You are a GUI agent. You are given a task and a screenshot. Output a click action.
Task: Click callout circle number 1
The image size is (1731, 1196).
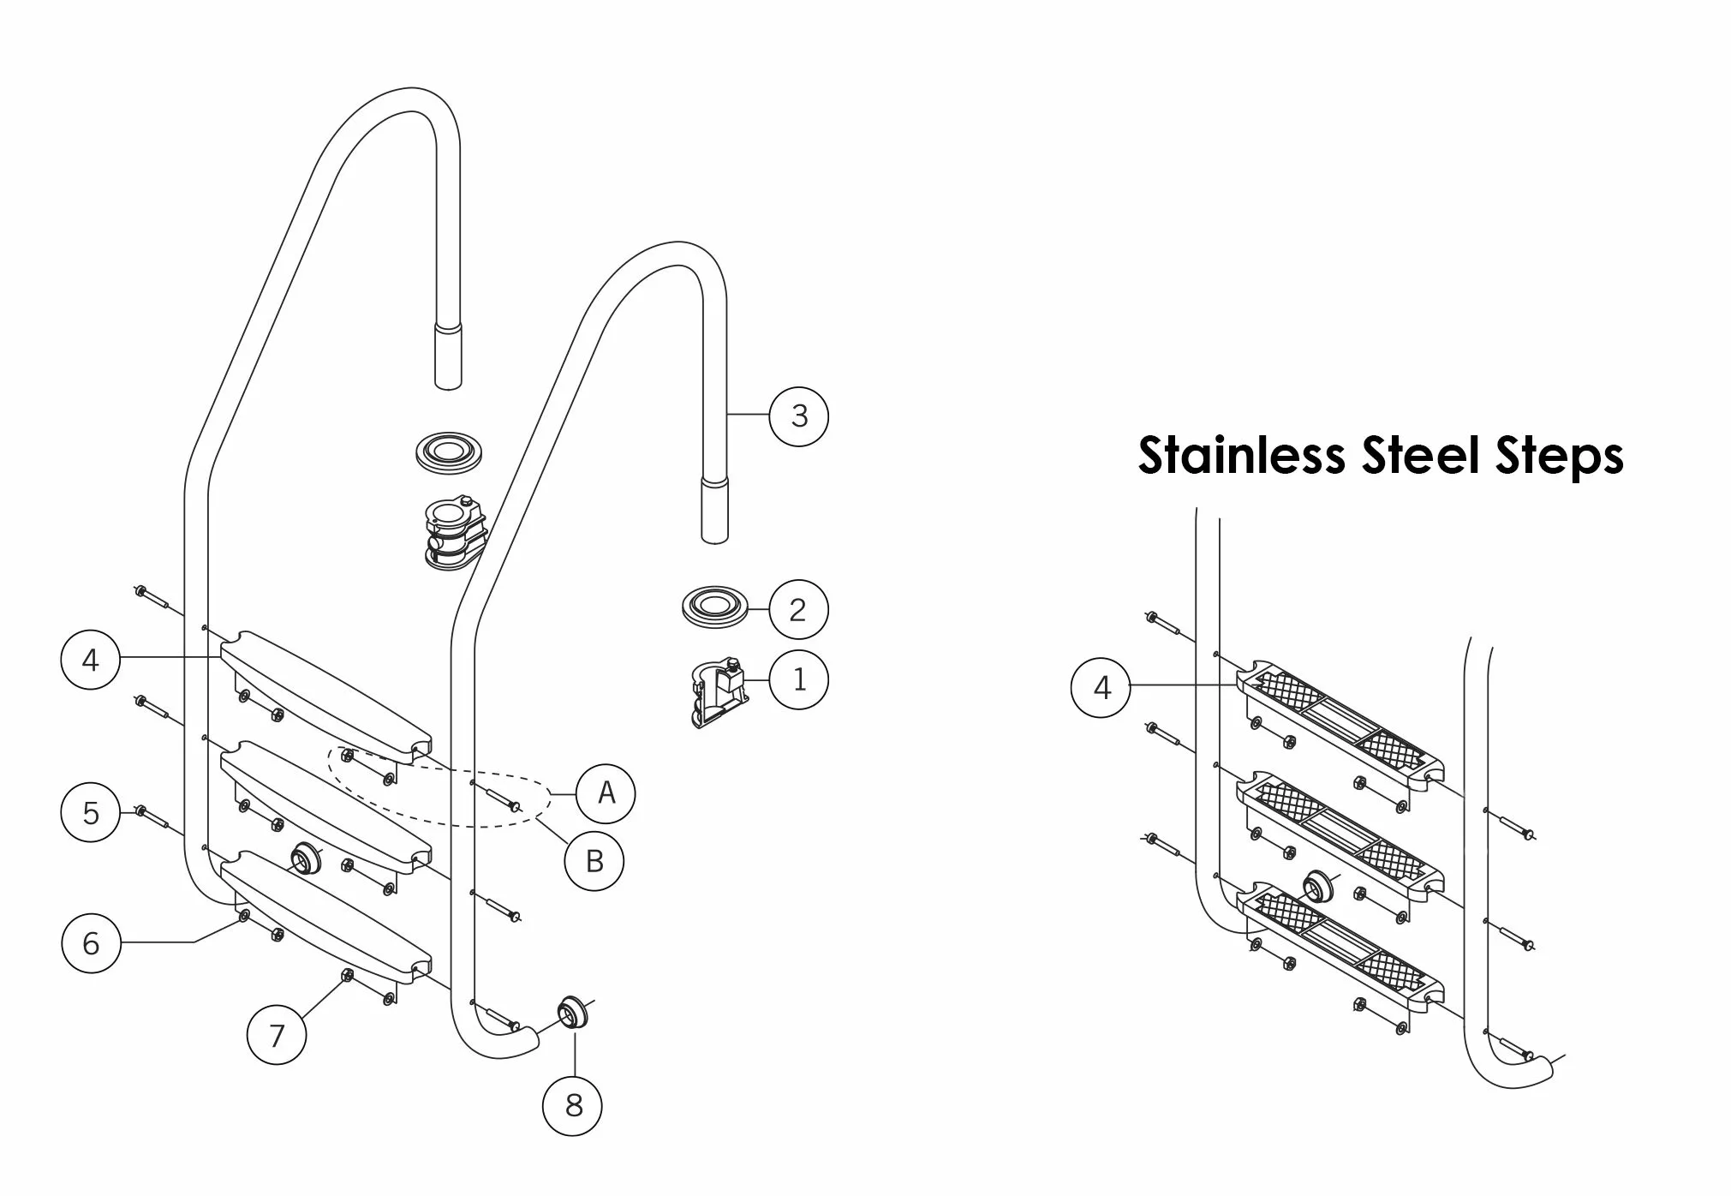coord(798,680)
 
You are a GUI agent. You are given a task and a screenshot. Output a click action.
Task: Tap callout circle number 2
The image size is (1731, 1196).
coord(798,610)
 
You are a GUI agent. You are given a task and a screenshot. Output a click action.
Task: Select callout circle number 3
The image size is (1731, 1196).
coord(798,416)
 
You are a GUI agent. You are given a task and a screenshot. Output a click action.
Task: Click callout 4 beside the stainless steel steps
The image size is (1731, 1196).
coord(1101,687)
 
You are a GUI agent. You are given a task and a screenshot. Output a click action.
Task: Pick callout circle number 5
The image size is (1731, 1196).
coord(91,812)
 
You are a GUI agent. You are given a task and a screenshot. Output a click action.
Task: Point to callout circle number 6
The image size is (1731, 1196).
coord(91,943)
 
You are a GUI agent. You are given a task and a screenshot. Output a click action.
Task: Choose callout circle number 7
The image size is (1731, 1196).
coord(276,1035)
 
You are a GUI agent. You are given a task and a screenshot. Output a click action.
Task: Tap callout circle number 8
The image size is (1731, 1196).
coord(573,1105)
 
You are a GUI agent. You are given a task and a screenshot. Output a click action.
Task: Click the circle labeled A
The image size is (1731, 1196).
coord(606,793)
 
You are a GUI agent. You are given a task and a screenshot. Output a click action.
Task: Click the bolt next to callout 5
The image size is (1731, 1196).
coord(154,818)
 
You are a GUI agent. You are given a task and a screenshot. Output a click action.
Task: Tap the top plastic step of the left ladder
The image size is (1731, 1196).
coord(325,695)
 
